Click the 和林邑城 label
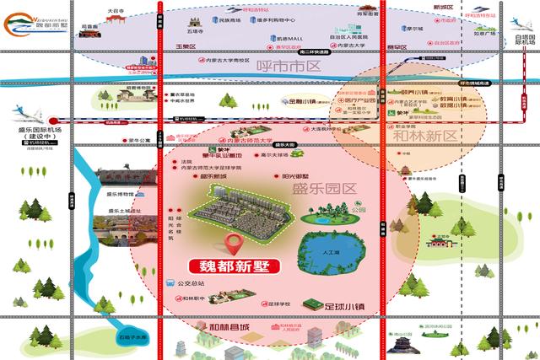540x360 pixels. [x=229, y=327]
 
